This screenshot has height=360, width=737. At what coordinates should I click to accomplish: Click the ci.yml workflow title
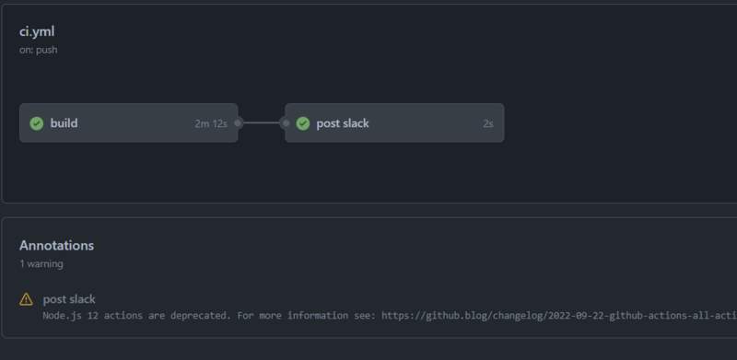click(x=37, y=31)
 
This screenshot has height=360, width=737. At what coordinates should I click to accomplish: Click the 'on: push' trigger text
click(x=39, y=50)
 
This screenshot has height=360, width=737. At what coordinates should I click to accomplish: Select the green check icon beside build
click(x=37, y=123)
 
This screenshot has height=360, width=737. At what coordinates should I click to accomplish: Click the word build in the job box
click(x=64, y=123)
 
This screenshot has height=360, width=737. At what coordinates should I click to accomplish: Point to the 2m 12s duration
click(x=211, y=123)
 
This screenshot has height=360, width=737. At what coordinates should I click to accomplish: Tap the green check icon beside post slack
click(x=302, y=123)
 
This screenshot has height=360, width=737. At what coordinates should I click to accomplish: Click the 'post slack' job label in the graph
click(x=343, y=123)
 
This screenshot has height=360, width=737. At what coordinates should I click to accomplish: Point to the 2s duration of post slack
click(x=487, y=123)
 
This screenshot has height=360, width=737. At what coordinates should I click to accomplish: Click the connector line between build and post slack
click(x=262, y=122)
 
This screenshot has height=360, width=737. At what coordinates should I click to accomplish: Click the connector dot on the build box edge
click(x=238, y=122)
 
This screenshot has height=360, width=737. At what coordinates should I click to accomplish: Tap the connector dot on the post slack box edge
click(x=285, y=122)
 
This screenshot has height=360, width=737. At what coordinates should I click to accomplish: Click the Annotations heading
click(x=56, y=245)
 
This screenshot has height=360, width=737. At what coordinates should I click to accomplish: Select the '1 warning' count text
click(x=41, y=263)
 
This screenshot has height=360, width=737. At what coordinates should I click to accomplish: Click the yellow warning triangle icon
click(x=27, y=299)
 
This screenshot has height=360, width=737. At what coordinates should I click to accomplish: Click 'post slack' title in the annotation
click(x=69, y=298)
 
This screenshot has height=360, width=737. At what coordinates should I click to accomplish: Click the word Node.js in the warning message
click(x=62, y=316)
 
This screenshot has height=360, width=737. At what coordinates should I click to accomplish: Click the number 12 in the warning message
click(x=93, y=316)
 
